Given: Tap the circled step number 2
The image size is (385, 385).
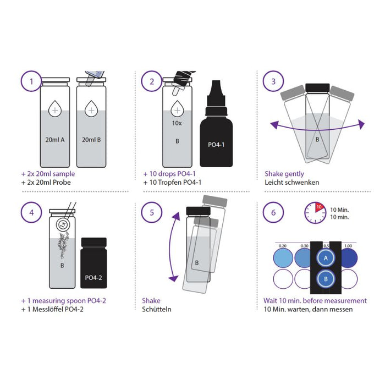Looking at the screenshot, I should coord(151,83).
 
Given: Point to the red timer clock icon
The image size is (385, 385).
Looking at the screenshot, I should coord(314,212).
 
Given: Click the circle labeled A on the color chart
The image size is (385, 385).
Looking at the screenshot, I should coord(326,257).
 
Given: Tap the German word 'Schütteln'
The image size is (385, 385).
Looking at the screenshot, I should coord(157,309).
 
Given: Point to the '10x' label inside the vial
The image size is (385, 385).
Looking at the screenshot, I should coord(177,124).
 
